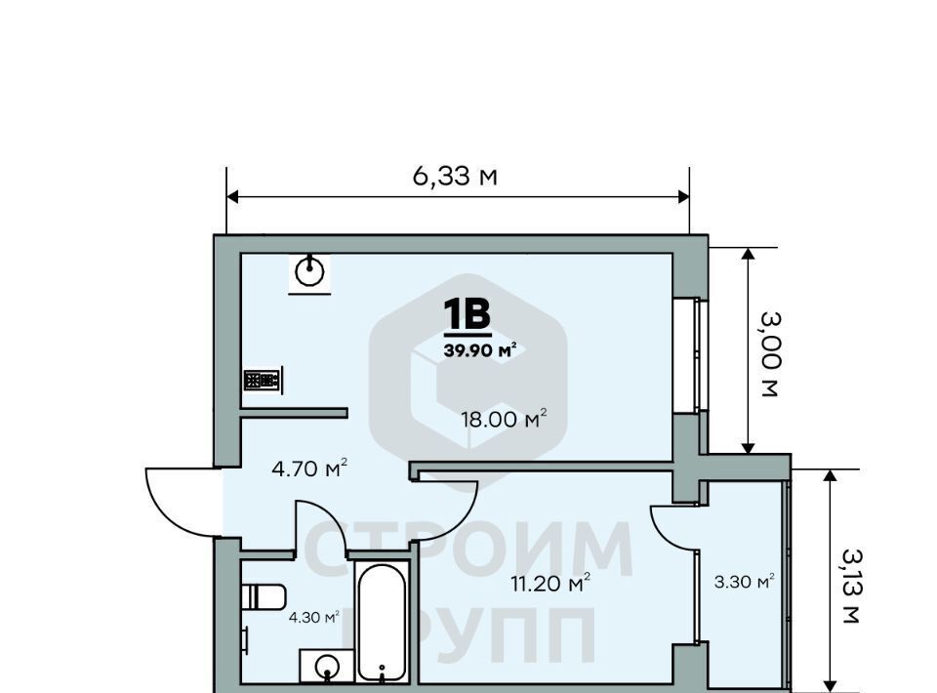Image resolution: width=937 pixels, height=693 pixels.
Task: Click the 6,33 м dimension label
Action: click(455, 177)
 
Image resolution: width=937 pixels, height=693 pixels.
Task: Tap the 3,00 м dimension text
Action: click(770, 354)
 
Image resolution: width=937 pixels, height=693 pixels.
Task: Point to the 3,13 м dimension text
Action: click(851, 586)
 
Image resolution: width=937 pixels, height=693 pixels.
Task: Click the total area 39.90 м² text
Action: click(480, 350)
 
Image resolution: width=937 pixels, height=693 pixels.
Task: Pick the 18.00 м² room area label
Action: click(504, 419)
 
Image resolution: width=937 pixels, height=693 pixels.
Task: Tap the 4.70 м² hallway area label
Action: click(309, 469)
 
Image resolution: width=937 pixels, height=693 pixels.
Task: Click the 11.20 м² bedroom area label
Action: click(550, 583)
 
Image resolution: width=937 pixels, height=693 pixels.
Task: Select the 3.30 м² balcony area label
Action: click(744, 582)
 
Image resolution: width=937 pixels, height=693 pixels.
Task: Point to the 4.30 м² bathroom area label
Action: click(314, 617)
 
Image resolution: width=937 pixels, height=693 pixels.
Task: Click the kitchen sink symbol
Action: click(309, 273)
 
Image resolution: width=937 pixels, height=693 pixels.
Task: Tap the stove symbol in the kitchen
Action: click(263, 380)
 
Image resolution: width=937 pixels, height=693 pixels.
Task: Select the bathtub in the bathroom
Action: click(382, 622)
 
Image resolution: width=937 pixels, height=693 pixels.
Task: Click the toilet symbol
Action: click(264, 596)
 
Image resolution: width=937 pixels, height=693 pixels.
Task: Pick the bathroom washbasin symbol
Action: click(326, 666)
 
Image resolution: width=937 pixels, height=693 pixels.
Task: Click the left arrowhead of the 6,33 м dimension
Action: click(233, 197)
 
